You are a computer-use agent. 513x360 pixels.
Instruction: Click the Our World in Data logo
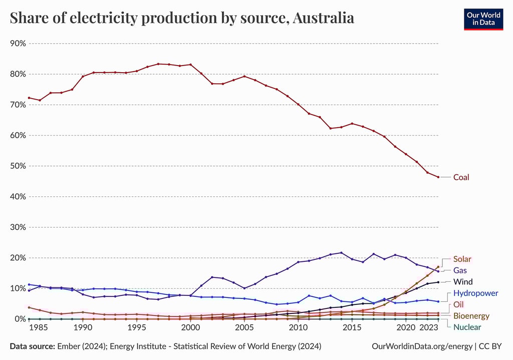coord(483,19)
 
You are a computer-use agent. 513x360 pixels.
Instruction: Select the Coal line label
coord(461,177)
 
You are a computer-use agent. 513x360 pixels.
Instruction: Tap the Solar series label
coord(462,259)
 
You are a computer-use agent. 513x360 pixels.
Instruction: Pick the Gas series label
coord(460,270)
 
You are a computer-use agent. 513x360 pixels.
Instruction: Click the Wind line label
coord(463,282)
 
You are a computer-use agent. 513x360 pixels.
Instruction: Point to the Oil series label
coord(458,305)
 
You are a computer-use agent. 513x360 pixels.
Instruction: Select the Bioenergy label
coord(471,316)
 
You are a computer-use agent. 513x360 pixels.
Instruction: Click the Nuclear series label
coord(467,327)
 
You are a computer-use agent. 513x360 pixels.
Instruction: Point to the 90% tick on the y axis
coord(18,44)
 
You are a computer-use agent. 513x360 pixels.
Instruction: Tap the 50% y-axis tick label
coord(18,166)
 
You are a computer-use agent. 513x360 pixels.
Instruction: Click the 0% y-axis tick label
coord(20,319)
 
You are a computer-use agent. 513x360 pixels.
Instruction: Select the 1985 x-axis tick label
coord(40,327)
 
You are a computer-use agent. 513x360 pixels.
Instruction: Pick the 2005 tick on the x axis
coord(244,327)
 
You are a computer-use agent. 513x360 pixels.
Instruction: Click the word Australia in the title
coord(323,18)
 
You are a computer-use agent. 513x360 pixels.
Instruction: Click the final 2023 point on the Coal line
coord(438,177)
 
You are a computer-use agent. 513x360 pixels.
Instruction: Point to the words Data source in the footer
coord(33,346)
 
